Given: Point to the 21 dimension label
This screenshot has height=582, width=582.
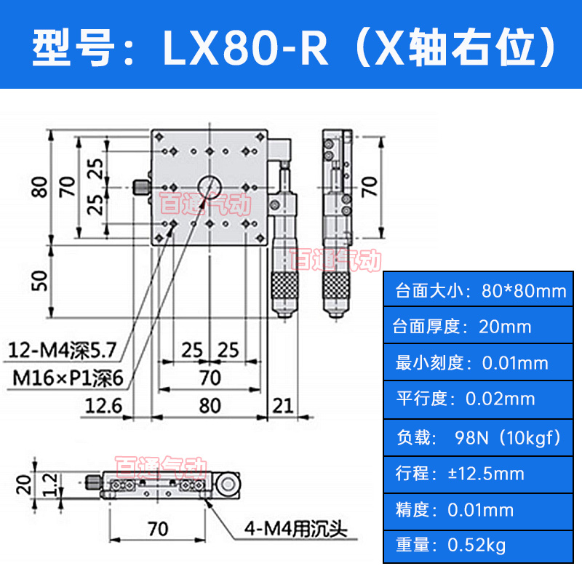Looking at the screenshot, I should [283, 404].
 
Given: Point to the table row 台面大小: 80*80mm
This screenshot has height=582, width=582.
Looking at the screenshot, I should [480, 292].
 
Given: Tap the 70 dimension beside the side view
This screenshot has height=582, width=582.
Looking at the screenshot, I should [370, 187].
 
